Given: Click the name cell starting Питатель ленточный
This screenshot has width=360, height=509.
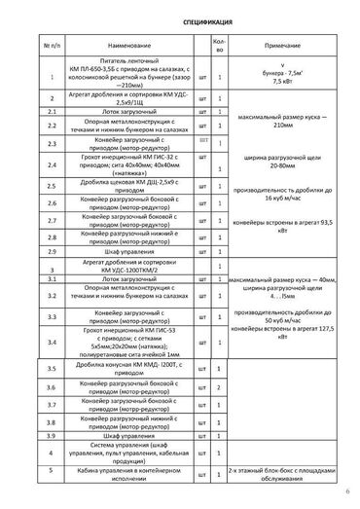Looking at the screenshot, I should [x=123, y=83].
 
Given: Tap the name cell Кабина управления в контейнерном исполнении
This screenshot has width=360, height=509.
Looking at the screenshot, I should [x=123, y=474].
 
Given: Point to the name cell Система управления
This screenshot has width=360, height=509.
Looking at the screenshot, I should [x=123, y=452].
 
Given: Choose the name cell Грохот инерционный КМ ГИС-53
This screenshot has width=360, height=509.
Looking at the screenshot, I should [x=123, y=343].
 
